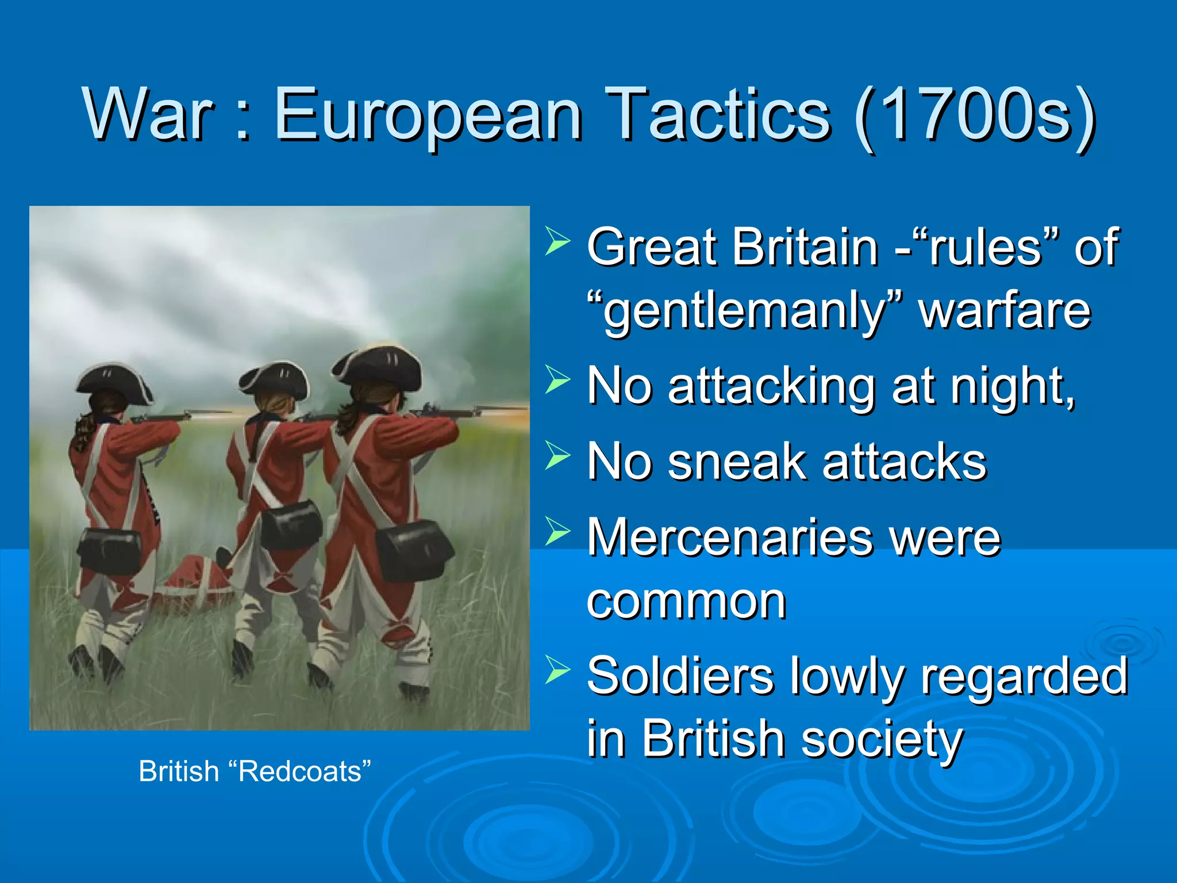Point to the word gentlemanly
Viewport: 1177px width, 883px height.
pyautogui.click(x=745, y=312)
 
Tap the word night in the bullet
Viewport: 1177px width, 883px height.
pyautogui.click(x=1011, y=387)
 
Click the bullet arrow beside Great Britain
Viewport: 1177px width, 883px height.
pyautogui.click(x=557, y=241)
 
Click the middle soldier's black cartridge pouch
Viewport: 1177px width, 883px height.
pyautogui.click(x=291, y=524)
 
